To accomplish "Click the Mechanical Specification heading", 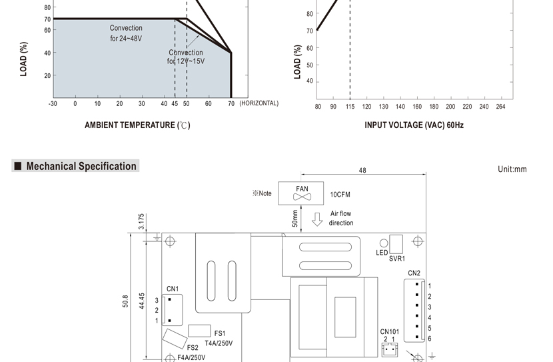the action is click(x=81, y=166).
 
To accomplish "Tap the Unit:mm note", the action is click(x=512, y=169).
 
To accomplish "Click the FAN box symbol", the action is click(x=301, y=193).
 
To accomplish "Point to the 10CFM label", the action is click(x=340, y=195).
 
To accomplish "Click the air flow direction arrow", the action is click(x=317, y=219).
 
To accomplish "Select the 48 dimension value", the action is click(x=362, y=171).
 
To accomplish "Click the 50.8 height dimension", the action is click(x=125, y=301).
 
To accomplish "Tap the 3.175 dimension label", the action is click(x=141, y=221).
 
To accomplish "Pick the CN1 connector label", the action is click(x=173, y=289).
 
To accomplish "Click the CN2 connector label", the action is click(x=414, y=273).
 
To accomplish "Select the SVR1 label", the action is click(x=397, y=259).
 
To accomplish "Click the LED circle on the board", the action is click(x=384, y=243).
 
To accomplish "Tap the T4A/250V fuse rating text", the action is click(x=219, y=343).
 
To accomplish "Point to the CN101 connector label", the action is click(x=390, y=331).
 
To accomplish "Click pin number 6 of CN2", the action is click(x=430, y=339).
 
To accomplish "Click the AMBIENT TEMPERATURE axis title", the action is click(x=137, y=125).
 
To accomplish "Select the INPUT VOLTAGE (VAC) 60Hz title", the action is click(x=414, y=125).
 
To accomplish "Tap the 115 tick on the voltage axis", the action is click(x=350, y=107).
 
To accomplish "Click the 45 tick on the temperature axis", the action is click(x=175, y=104).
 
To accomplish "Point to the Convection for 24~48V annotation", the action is click(x=126, y=33).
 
